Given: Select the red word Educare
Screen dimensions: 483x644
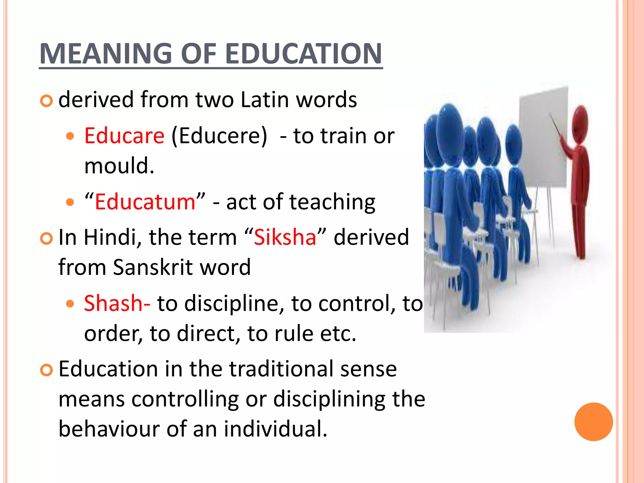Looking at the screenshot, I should (124, 136).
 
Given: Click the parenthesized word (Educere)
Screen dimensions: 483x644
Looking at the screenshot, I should (219, 136).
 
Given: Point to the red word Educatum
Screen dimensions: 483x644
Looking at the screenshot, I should (145, 202).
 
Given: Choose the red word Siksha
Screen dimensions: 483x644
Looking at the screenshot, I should (285, 237).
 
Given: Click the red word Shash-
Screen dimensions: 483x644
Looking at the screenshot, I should (117, 303).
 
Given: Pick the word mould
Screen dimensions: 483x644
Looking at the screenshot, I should (119, 166).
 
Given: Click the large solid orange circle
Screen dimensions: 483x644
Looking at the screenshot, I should (593, 422).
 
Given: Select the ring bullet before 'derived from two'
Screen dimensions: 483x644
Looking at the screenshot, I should (47, 101).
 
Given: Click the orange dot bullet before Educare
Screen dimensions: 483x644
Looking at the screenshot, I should (70, 136).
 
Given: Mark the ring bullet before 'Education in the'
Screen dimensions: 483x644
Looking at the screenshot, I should (47, 370).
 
